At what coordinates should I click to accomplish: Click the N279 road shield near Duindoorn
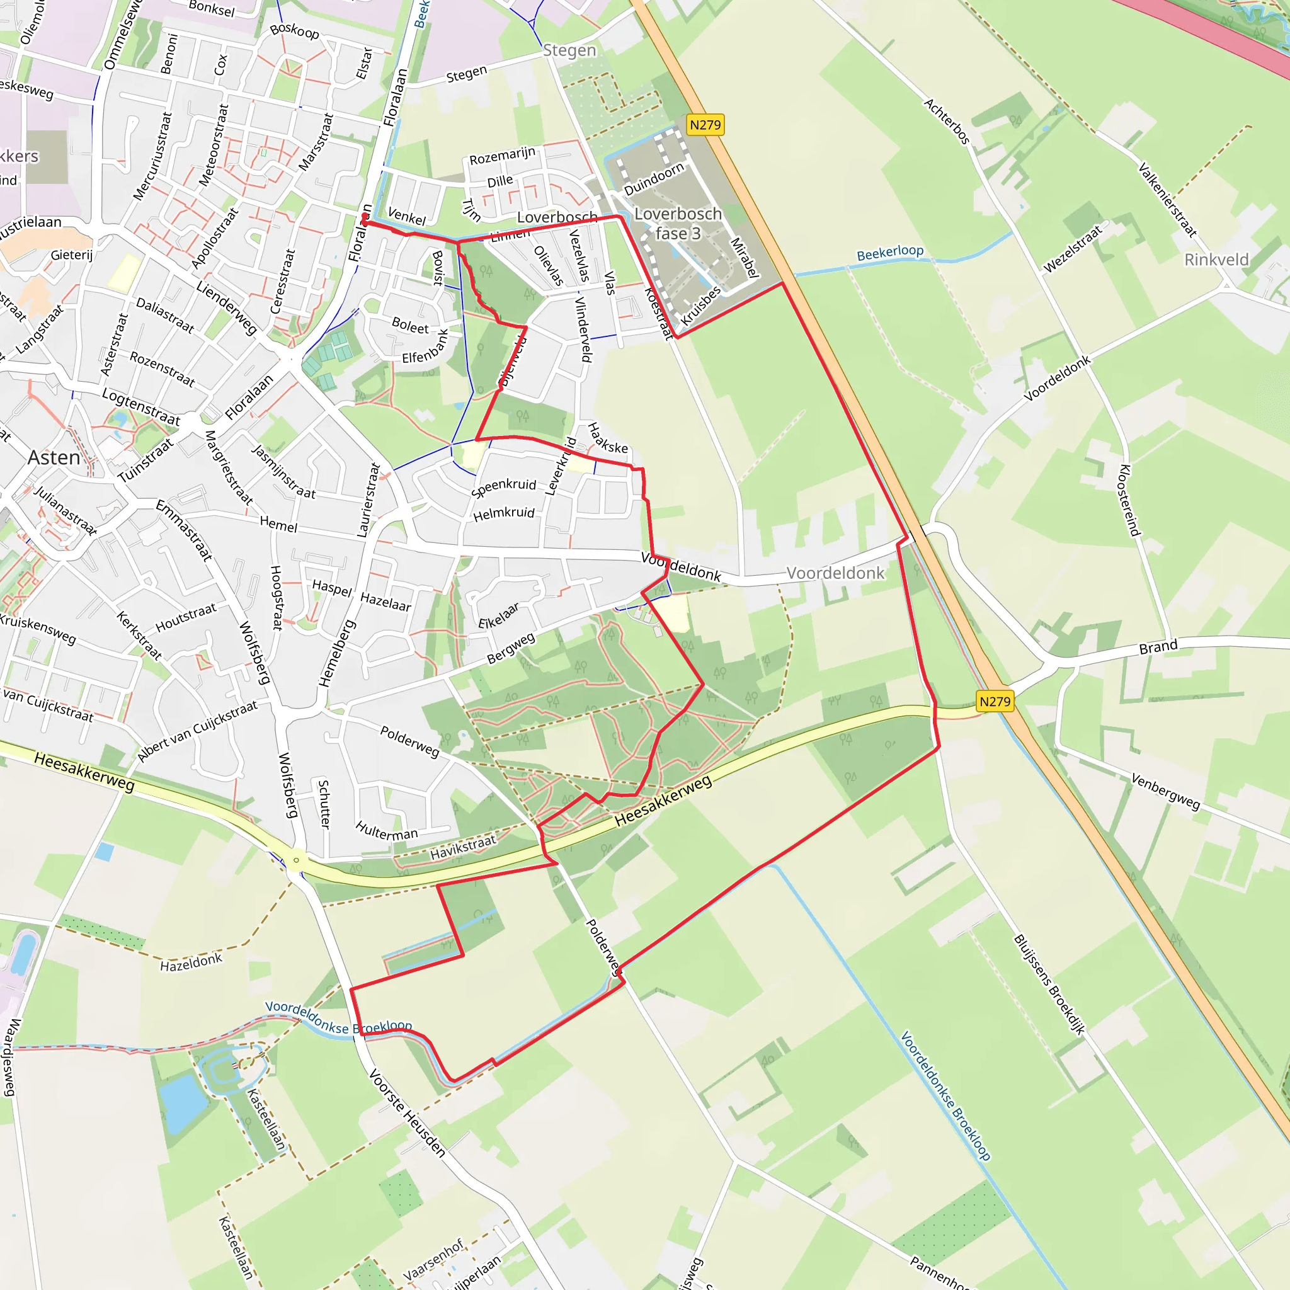pos(705,125)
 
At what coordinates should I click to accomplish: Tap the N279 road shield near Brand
pos(994,701)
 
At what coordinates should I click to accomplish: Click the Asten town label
pos(54,457)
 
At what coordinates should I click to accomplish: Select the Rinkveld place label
pos(1216,260)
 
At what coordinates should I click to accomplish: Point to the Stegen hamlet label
pos(569,50)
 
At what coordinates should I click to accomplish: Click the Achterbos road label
pos(946,121)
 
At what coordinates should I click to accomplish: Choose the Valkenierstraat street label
pos(1167,199)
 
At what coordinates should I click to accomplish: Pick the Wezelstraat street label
pos(1072,249)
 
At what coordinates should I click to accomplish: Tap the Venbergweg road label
pos(1165,791)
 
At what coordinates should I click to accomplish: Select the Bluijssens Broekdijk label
pos(1049,985)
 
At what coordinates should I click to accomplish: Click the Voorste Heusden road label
pos(407,1112)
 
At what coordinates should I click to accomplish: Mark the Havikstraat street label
pos(463,847)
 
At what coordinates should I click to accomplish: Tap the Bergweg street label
pos(511,648)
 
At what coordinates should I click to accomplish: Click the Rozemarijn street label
pos(502,156)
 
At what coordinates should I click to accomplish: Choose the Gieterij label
pos(71,254)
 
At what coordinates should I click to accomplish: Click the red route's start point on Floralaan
pos(365,222)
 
